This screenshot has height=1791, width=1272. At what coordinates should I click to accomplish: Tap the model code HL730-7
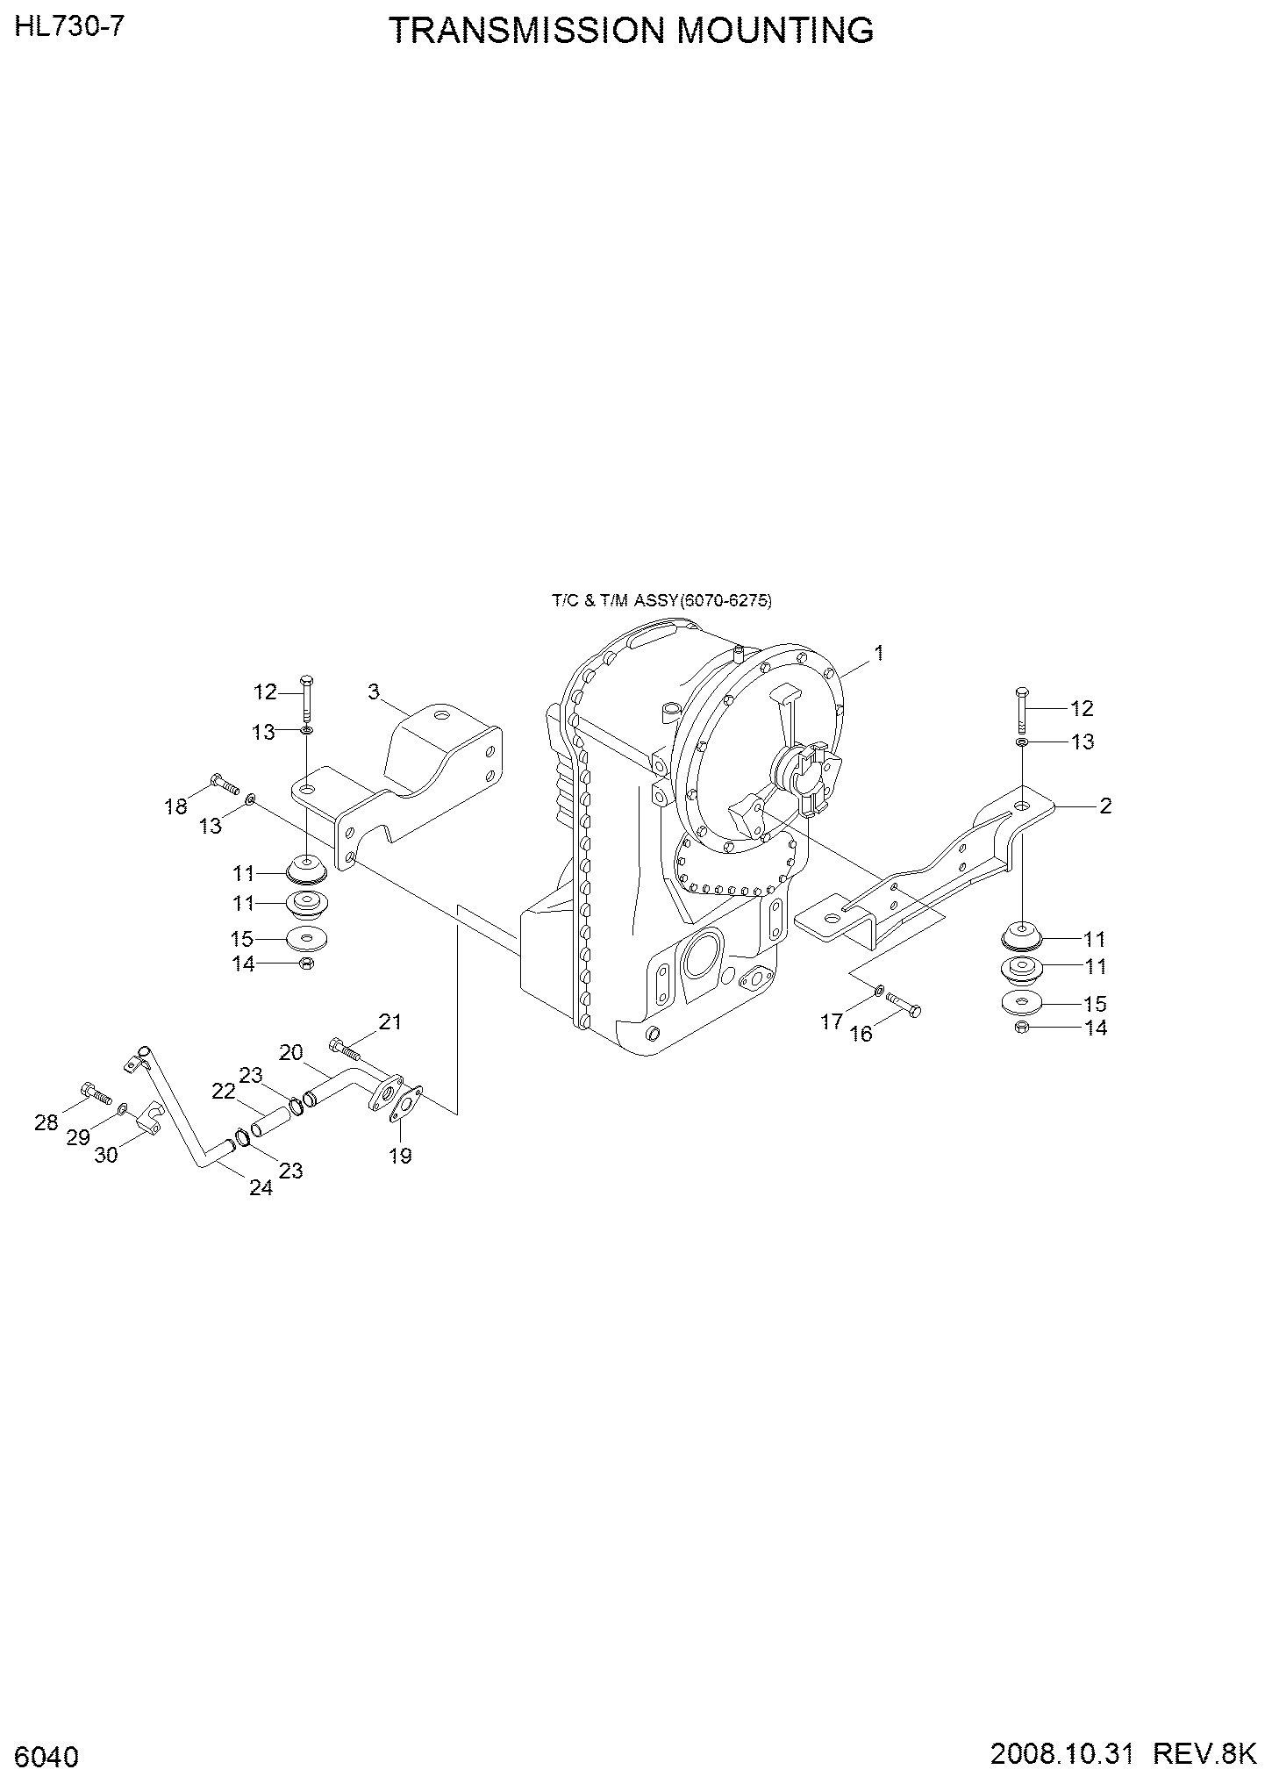(x=68, y=27)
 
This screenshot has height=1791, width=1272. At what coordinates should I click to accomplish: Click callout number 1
(x=879, y=653)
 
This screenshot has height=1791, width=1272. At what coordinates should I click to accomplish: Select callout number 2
(x=1105, y=805)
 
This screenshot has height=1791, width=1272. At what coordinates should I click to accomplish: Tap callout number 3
(x=374, y=692)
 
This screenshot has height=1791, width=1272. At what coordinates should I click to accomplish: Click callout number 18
(x=176, y=806)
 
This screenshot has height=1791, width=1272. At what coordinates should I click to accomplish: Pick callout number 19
(x=400, y=1156)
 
